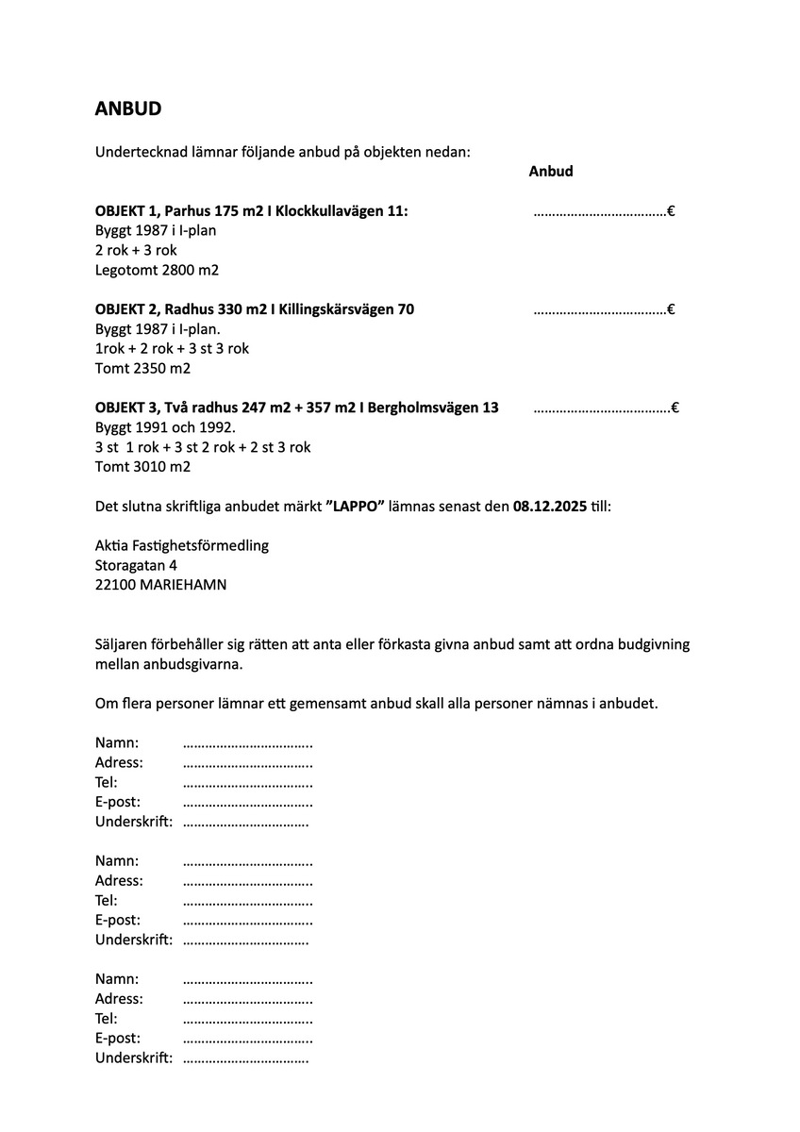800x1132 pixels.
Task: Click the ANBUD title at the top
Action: [x=128, y=108]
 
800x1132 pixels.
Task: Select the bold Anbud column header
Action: [x=551, y=172]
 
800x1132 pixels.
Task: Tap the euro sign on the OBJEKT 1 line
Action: [x=671, y=211]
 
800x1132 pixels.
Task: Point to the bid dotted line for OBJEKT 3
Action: [x=602, y=409]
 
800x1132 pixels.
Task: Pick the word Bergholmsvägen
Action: [x=421, y=408]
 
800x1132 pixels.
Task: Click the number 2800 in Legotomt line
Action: [x=177, y=271]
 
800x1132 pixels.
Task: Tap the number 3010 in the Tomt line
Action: [x=149, y=467]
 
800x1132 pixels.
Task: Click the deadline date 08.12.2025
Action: [x=549, y=507]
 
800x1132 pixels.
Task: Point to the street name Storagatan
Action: [x=130, y=565]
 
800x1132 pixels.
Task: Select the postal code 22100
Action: [x=115, y=585]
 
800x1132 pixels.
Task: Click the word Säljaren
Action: [x=123, y=644]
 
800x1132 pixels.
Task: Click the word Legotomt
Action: [x=125, y=271]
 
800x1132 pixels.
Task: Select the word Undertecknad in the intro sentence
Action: [x=137, y=152]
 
